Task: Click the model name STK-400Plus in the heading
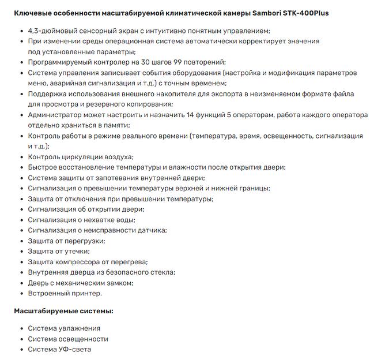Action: click(305, 12)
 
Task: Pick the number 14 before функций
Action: click(191, 115)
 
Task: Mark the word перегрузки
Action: click(80, 241)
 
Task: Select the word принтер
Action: click(86, 293)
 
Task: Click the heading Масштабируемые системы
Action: click(63, 311)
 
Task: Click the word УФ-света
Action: click(75, 349)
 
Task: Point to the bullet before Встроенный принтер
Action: click(20, 293)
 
